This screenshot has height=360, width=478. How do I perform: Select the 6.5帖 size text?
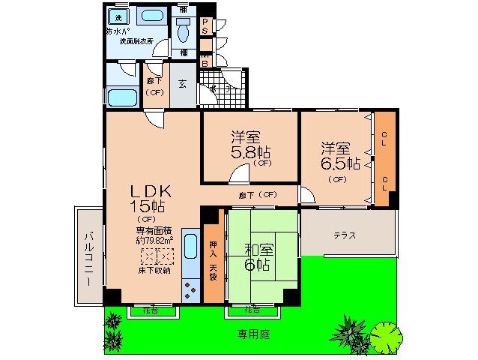pos(341,162)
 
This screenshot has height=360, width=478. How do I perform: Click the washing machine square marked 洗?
pos(118,16)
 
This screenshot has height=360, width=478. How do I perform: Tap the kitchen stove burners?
pos(190,289)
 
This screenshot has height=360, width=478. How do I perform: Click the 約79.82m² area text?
pos(154,241)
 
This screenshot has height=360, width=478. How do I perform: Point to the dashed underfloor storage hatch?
pos(157,256)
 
